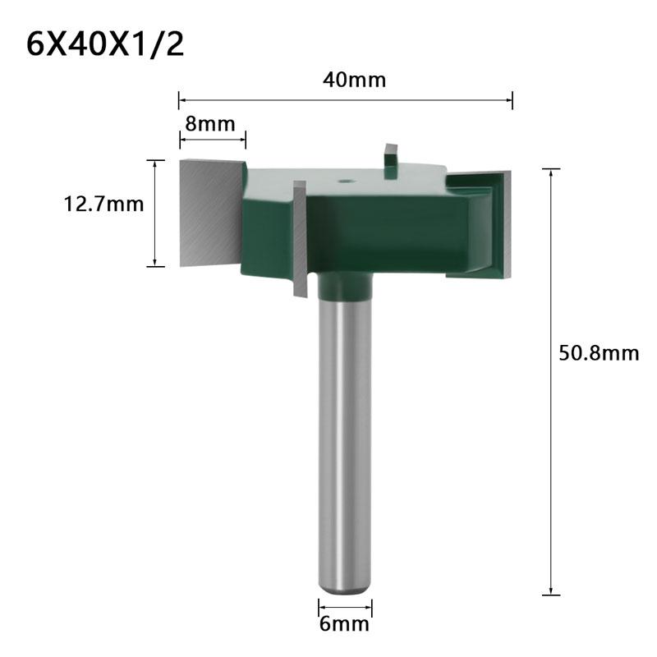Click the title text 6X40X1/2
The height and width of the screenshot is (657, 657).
(105, 44)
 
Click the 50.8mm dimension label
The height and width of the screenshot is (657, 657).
(597, 353)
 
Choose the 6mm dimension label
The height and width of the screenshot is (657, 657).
(345, 624)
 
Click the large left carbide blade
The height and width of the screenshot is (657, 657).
(209, 212)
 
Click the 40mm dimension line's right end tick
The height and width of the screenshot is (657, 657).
(512, 100)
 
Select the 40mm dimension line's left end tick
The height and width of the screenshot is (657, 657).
(179, 100)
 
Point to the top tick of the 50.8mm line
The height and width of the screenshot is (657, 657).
(551, 169)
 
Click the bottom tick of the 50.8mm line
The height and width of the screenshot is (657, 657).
(551, 594)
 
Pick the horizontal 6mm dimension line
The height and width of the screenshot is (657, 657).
(345, 609)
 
